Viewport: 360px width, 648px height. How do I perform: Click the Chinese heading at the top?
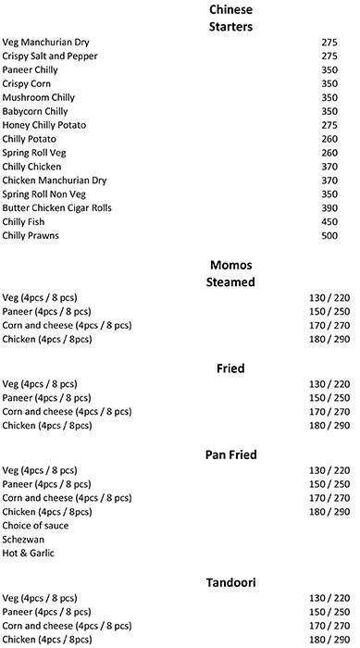[x=231, y=9]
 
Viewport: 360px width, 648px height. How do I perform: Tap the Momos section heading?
[x=231, y=266]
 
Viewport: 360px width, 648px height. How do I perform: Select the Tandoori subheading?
[x=231, y=582]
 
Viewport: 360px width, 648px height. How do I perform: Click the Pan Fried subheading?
[x=231, y=455]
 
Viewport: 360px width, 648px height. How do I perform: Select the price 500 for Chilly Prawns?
[x=330, y=237]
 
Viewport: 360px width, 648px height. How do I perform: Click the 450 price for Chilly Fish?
[x=330, y=223]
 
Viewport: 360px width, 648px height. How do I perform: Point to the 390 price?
[x=330, y=209]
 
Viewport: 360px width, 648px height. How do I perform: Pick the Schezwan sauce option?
[x=24, y=539]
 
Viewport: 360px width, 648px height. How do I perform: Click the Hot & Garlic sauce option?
[x=29, y=553]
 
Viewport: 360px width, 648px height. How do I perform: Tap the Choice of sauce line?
[x=35, y=525]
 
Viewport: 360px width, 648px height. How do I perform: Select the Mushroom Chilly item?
[x=39, y=98]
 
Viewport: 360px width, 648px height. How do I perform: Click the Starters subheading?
[x=231, y=26]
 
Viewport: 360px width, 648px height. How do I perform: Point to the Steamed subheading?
[x=231, y=281]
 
